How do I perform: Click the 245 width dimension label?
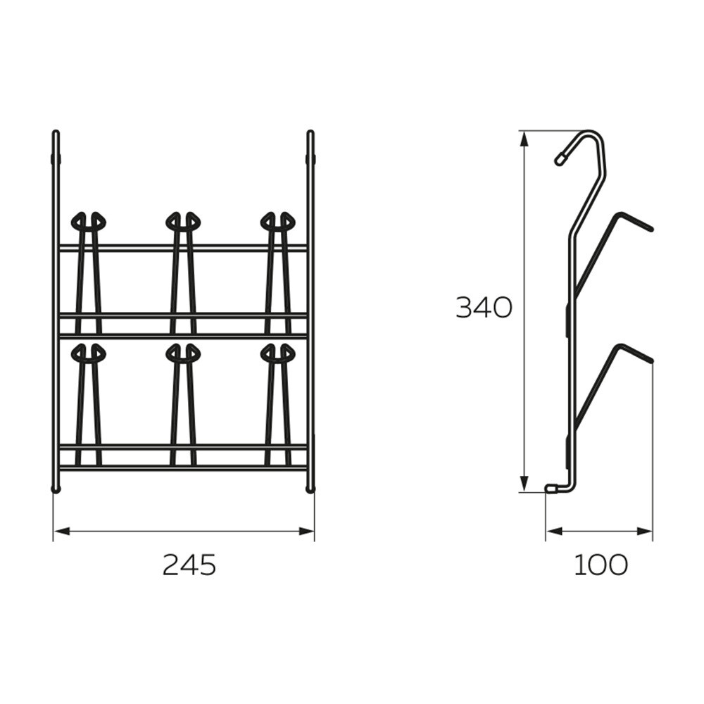[x=189, y=565]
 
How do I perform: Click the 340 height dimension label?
[x=484, y=308]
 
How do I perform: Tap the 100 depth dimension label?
[x=601, y=565]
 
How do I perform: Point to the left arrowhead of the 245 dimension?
[x=62, y=532]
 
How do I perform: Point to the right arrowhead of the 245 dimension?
[x=306, y=532]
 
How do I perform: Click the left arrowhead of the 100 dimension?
[x=554, y=532]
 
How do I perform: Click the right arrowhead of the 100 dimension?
[x=644, y=532]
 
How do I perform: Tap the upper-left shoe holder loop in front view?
[x=89, y=220]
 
